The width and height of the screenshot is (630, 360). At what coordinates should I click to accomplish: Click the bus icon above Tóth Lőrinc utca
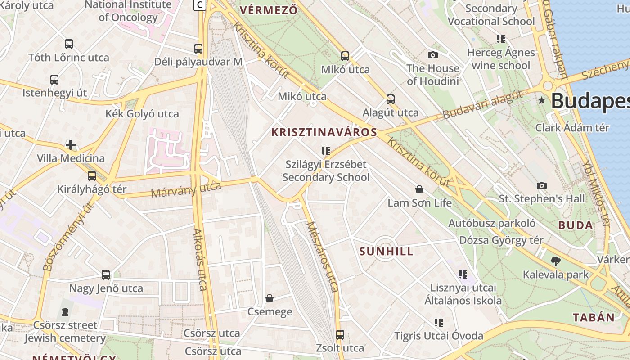(x=69, y=44)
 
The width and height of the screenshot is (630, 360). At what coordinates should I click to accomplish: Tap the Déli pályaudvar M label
(x=198, y=62)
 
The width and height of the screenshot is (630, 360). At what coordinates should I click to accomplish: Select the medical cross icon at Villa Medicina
(x=71, y=145)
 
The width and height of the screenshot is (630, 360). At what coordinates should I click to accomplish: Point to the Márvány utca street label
(x=186, y=189)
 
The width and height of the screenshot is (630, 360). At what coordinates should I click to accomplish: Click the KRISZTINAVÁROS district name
(x=324, y=132)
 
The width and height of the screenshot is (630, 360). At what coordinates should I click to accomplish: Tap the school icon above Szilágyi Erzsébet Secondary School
(x=326, y=151)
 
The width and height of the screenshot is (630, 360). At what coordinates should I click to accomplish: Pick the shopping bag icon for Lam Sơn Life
(x=419, y=189)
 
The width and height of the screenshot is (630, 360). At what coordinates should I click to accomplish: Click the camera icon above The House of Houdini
(x=433, y=55)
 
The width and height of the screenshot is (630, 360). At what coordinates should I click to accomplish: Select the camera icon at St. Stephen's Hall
(x=542, y=185)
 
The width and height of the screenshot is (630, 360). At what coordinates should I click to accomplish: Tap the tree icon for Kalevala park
(x=556, y=261)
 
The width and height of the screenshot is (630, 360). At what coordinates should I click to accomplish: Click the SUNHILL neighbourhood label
(x=386, y=252)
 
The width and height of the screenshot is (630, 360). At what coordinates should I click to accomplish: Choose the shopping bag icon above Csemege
(x=270, y=298)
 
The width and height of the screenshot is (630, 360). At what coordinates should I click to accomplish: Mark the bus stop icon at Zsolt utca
(x=340, y=335)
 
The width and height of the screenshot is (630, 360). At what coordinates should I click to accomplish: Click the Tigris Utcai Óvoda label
(x=439, y=336)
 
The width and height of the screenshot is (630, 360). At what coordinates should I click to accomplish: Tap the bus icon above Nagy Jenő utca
(x=106, y=274)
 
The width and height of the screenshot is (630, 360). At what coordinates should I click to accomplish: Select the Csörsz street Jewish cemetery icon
(x=65, y=311)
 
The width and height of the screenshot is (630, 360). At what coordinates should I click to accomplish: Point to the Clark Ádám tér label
(x=572, y=127)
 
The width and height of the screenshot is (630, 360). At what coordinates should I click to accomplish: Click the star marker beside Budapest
(x=542, y=100)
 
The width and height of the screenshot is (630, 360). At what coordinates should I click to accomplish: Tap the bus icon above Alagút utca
(x=391, y=99)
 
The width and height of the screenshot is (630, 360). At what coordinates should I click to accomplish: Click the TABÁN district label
(x=594, y=317)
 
